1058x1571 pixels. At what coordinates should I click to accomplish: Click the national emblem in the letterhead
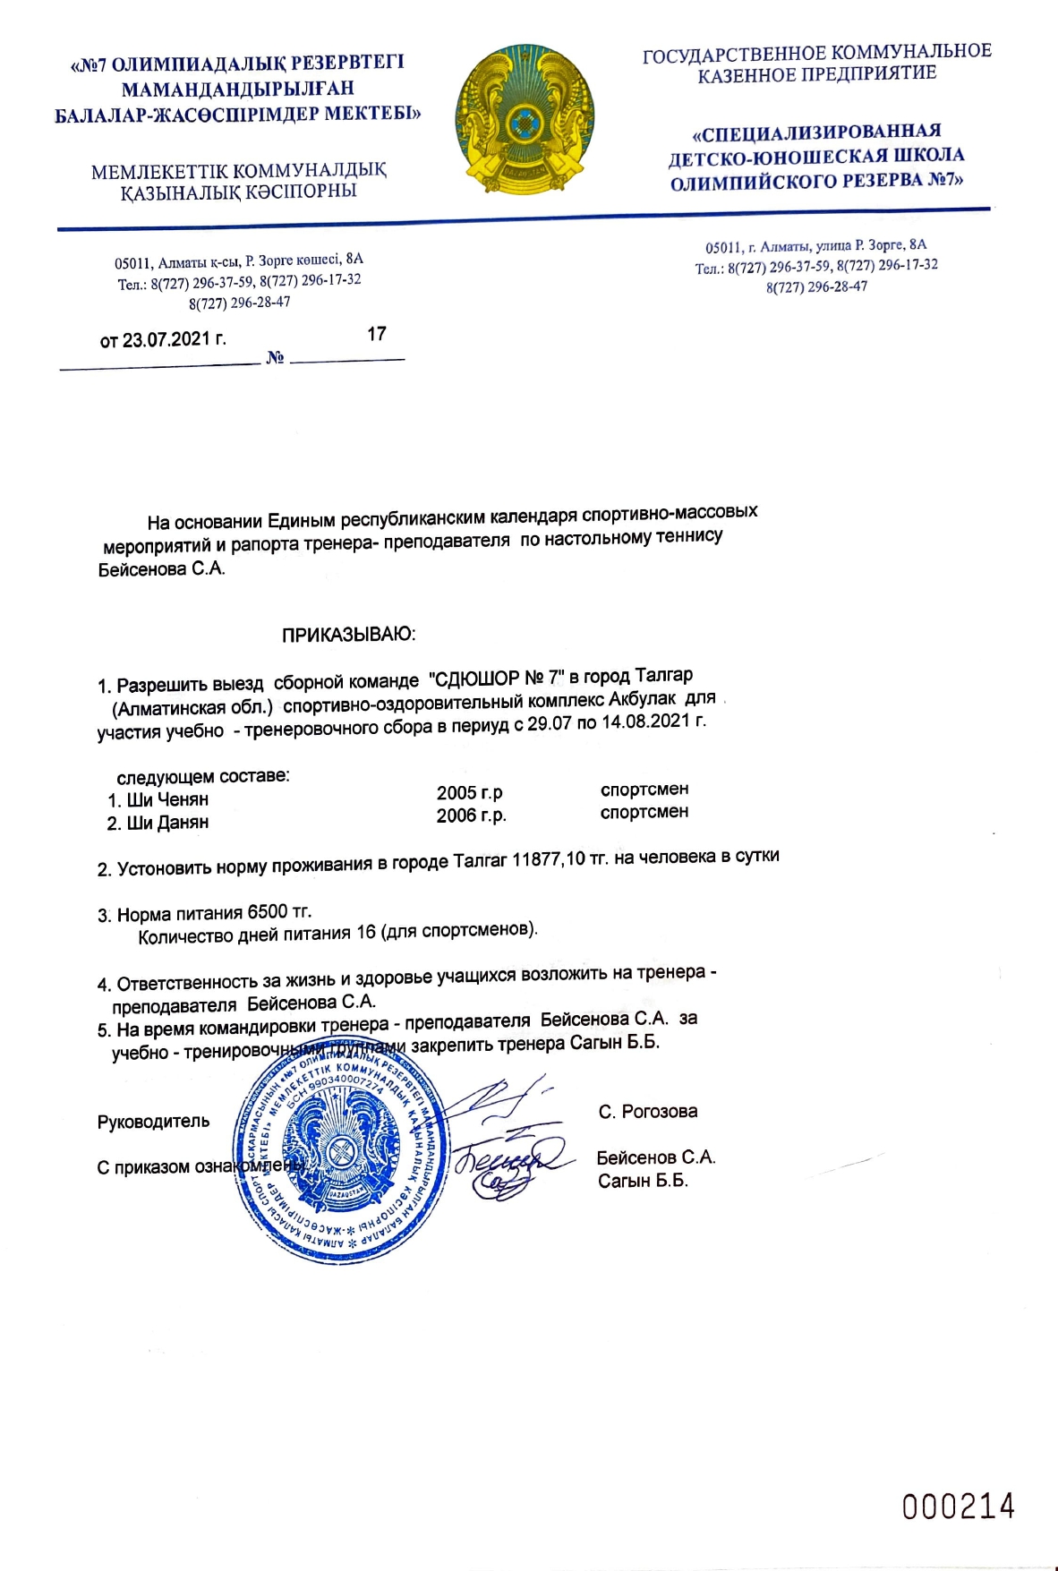tap(525, 122)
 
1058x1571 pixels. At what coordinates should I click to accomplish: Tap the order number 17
tap(377, 334)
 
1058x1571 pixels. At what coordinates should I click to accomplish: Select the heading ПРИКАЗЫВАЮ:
tap(349, 635)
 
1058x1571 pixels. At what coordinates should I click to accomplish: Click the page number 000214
tap(959, 1507)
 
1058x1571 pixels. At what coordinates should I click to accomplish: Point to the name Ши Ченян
tap(167, 799)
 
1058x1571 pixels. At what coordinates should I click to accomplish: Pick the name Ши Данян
tap(167, 823)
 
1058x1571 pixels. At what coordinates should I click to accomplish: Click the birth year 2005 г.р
tap(470, 793)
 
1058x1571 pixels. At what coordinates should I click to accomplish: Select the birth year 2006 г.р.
tap(472, 815)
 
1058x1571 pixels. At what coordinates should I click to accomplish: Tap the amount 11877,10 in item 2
tap(549, 860)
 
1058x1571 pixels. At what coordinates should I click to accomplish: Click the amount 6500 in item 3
tap(268, 912)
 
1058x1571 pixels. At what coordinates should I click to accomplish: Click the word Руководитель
tap(153, 1122)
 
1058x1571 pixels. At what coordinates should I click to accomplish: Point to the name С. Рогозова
tap(648, 1112)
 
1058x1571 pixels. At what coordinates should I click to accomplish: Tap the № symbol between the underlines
tap(275, 358)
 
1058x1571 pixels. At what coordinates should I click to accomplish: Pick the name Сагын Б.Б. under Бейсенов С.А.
tap(643, 1182)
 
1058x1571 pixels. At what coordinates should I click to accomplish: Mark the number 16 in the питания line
tap(366, 933)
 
